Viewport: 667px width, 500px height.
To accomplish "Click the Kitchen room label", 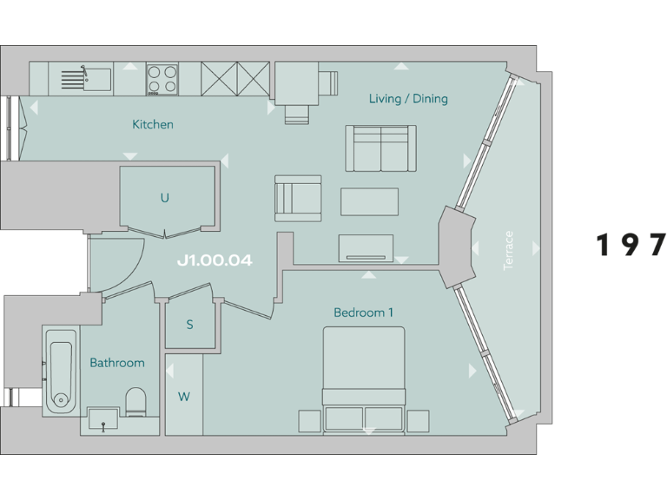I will pyautogui.click(x=152, y=124).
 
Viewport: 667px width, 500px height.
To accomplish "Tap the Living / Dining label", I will pyautogui.click(x=407, y=98).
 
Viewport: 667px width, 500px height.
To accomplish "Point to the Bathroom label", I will pyautogui.click(x=117, y=363).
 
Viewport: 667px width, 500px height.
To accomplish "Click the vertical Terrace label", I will pyautogui.click(x=509, y=250).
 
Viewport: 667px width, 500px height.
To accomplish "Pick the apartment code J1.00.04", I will pyautogui.click(x=215, y=260).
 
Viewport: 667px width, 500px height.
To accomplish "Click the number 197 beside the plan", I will pyautogui.click(x=631, y=246).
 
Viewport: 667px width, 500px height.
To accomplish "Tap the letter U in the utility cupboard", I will pyautogui.click(x=164, y=198).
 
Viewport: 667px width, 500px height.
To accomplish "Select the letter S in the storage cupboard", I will pyautogui.click(x=189, y=326).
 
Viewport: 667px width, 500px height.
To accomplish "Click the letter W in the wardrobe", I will pyautogui.click(x=183, y=397).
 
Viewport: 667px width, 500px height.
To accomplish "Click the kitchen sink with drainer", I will pyautogui.click(x=85, y=79).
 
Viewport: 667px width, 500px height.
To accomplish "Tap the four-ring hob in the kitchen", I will pyautogui.click(x=162, y=79).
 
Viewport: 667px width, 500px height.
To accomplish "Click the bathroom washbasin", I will pyautogui.click(x=103, y=420).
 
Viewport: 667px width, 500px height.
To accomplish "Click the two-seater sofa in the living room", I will pyautogui.click(x=380, y=148).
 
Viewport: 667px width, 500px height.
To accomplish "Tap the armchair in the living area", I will pyautogui.click(x=297, y=198).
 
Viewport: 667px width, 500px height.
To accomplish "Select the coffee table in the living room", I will pyautogui.click(x=369, y=201).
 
